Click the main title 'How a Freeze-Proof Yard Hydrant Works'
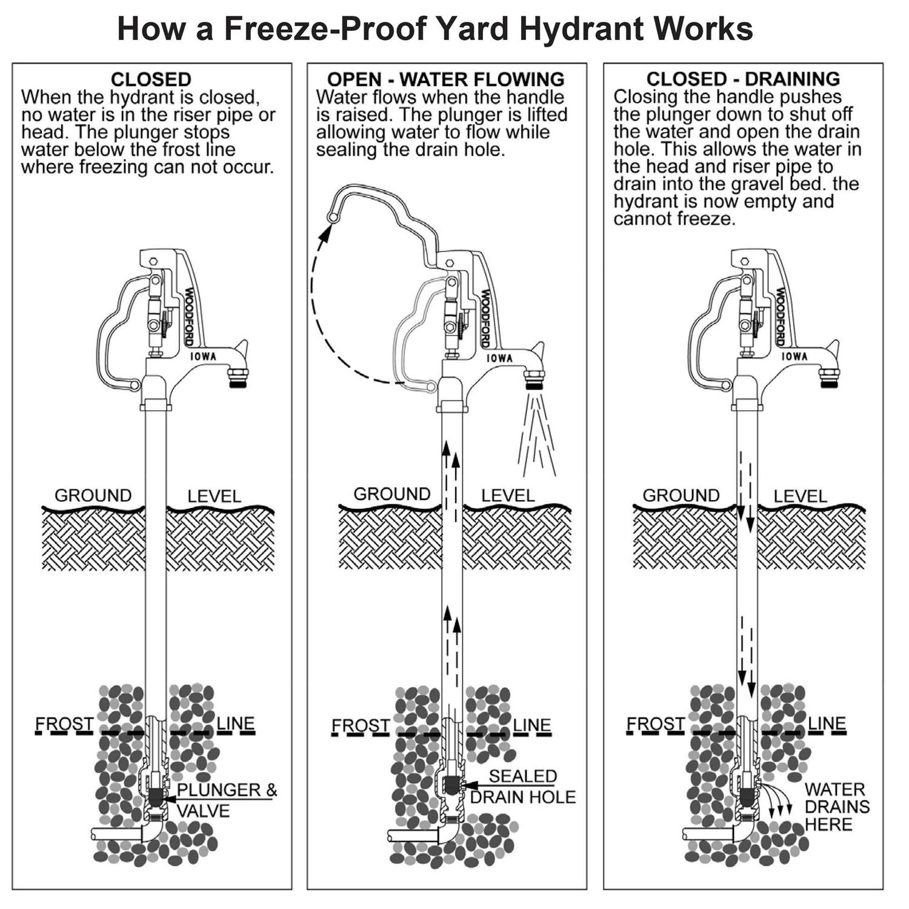click(x=435, y=28)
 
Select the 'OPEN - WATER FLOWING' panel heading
click(x=445, y=79)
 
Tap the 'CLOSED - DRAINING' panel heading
click(x=743, y=79)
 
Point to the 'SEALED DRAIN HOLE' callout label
click(x=522, y=787)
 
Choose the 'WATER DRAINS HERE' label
click(x=836, y=807)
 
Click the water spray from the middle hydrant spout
click(x=536, y=433)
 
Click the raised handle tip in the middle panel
click(x=331, y=216)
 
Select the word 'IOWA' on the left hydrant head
click(x=203, y=356)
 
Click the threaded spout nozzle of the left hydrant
click(x=238, y=381)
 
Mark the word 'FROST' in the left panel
click(x=64, y=724)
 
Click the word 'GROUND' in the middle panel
click(x=391, y=494)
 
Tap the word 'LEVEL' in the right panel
click(x=800, y=496)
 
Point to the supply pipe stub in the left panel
click(x=115, y=834)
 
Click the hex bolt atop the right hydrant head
click(x=745, y=262)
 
